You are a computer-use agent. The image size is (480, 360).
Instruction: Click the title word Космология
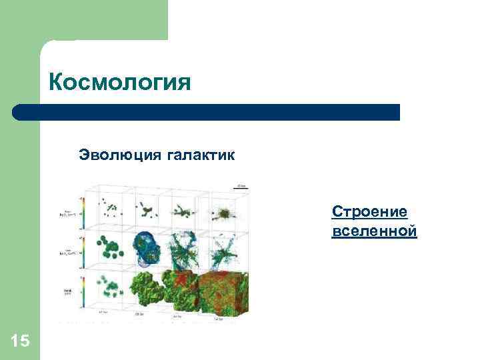[119, 83]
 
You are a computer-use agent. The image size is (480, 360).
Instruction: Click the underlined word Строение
[369, 212]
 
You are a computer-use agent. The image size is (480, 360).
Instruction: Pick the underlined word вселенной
[373, 231]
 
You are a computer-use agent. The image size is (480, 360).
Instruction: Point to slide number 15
[20, 341]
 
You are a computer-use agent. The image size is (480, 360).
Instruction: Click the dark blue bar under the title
[207, 112]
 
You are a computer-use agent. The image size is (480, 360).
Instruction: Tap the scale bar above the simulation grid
[241, 187]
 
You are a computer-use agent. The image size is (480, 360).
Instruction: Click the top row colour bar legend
[81, 212]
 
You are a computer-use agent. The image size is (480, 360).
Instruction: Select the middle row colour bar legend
[81, 251]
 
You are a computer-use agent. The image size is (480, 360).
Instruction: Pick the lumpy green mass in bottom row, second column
[152, 291]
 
